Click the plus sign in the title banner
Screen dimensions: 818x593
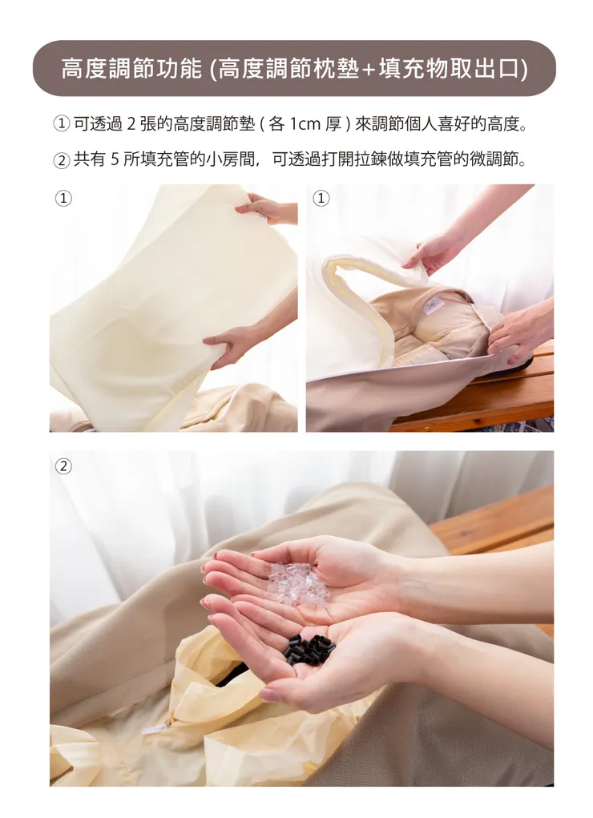[x=369, y=70]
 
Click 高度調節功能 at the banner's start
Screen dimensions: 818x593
[x=131, y=69]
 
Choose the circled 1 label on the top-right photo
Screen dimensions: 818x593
[x=321, y=198]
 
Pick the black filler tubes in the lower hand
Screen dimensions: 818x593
[x=309, y=647]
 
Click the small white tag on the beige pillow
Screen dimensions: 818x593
[x=434, y=302]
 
